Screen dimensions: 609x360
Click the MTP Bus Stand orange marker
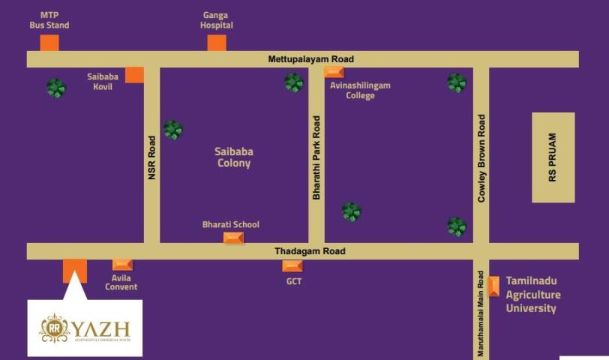[49, 43]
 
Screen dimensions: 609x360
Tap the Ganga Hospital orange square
[217, 43]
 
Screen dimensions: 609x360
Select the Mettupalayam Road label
[311, 59]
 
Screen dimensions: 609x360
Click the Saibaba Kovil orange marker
[134, 74]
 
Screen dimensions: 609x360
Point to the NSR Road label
[151, 157]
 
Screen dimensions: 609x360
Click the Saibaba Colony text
[233, 157]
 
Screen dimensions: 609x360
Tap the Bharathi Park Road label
[316, 157]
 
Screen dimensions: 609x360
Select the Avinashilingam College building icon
[334, 72]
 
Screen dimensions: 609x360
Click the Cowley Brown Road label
[481, 157]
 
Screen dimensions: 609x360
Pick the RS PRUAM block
[553, 157]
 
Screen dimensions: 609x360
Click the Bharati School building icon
[234, 238]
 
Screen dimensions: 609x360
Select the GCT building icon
[292, 266]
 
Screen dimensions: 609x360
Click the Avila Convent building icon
[122, 265]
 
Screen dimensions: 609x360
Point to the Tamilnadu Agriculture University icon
[493, 286]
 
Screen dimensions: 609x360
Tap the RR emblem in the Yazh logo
[54, 328]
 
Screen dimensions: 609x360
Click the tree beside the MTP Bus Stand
[56, 88]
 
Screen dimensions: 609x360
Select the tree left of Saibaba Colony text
[173, 130]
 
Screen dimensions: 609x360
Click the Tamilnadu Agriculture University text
[532, 294]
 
